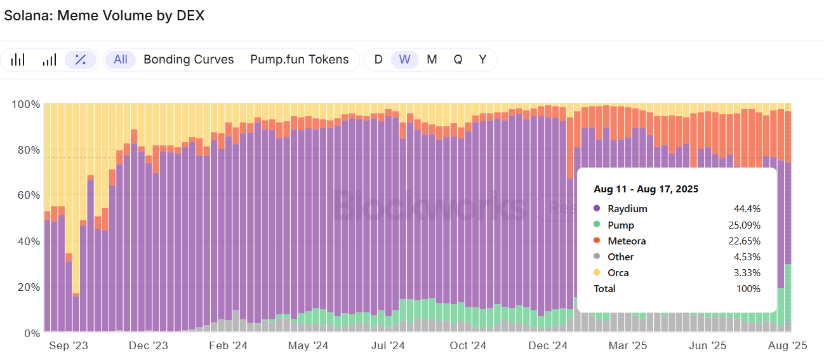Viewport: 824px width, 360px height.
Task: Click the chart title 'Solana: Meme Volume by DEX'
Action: tap(104, 16)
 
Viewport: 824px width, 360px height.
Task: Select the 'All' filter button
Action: tap(121, 60)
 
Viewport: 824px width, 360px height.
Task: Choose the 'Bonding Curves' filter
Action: tap(189, 60)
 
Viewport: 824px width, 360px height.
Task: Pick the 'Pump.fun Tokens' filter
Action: tap(300, 60)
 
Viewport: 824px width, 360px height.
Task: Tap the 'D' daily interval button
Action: tap(378, 60)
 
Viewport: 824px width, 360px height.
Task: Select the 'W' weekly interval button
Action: tap(405, 60)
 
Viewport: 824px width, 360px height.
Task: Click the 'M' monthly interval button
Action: tap(432, 60)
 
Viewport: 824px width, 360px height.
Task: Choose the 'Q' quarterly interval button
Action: tap(458, 60)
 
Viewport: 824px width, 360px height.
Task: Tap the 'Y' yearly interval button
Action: tap(482, 60)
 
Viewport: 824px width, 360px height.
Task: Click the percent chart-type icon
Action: tap(81, 60)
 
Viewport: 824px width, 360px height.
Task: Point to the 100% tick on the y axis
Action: tap(26, 104)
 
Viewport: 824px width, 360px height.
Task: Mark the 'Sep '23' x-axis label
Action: tap(68, 346)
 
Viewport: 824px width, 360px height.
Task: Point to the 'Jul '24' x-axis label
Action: tap(388, 346)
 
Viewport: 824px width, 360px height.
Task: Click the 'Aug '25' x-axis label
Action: tap(788, 346)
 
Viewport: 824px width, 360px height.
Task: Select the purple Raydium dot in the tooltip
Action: tap(597, 209)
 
